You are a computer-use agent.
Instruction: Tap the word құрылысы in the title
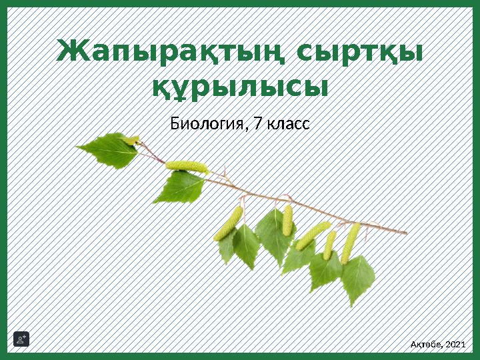click(x=241, y=87)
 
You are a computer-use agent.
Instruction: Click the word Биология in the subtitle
click(x=207, y=124)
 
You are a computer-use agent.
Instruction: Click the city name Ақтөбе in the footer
click(x=425, y=344)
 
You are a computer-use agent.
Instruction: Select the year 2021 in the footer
click(x=455, y=344)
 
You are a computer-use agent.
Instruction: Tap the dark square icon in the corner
click(x=21, y=340)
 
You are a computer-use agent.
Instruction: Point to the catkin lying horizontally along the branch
click(x=185, y=165)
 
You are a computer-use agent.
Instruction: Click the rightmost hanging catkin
click(x=350, y=242)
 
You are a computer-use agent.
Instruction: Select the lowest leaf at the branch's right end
click(x=357, y=280)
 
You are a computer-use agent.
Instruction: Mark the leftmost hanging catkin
click(x=229, y=223)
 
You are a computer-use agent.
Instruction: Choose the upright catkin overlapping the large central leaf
click(x=287, y=220)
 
